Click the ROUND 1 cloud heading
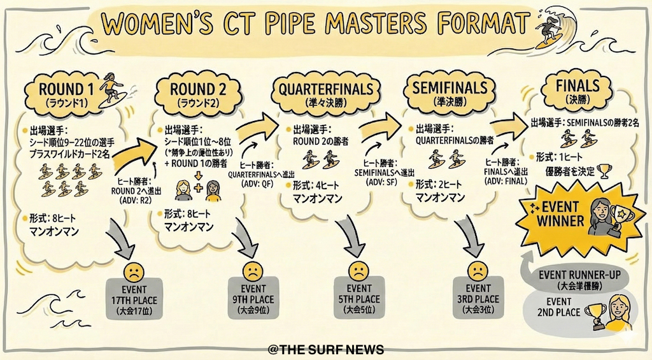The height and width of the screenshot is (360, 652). point(62,94)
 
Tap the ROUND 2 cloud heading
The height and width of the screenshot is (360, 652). point(189,94)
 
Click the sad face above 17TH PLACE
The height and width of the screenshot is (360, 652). point(134,271)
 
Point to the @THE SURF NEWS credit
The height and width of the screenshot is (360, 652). point(326,350)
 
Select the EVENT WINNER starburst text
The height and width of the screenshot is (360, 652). point(561,214)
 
